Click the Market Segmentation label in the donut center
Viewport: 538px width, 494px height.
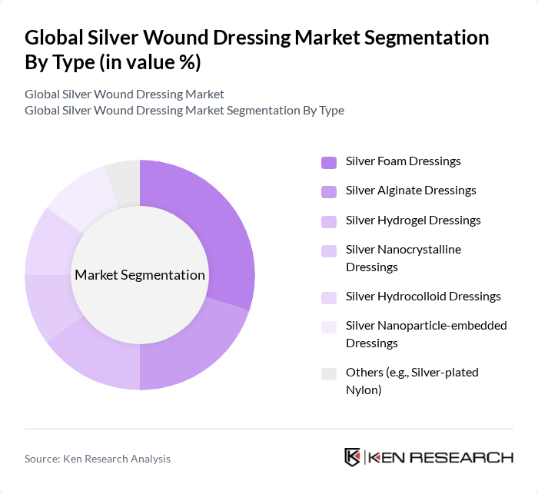tap(140, 275)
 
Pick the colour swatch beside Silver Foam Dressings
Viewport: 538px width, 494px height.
tap(328, 162)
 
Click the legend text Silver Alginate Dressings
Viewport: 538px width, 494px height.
tap(410, 191)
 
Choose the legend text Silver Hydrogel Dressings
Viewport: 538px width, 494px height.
tap(413, 220)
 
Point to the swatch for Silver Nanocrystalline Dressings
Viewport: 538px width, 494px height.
tap(328, 250)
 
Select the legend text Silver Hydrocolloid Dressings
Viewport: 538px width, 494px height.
tap(423, 297)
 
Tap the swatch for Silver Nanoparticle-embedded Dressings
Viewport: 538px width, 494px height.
tap(328, 327)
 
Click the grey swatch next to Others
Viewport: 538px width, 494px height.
tap(328, 373)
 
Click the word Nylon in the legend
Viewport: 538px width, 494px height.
tap(364, 390)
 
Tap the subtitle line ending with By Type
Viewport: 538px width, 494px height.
tap(184, 110)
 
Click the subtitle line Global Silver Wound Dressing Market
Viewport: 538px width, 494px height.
tap(125, 94)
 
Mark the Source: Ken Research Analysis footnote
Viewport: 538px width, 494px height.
tap(98, 459)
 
